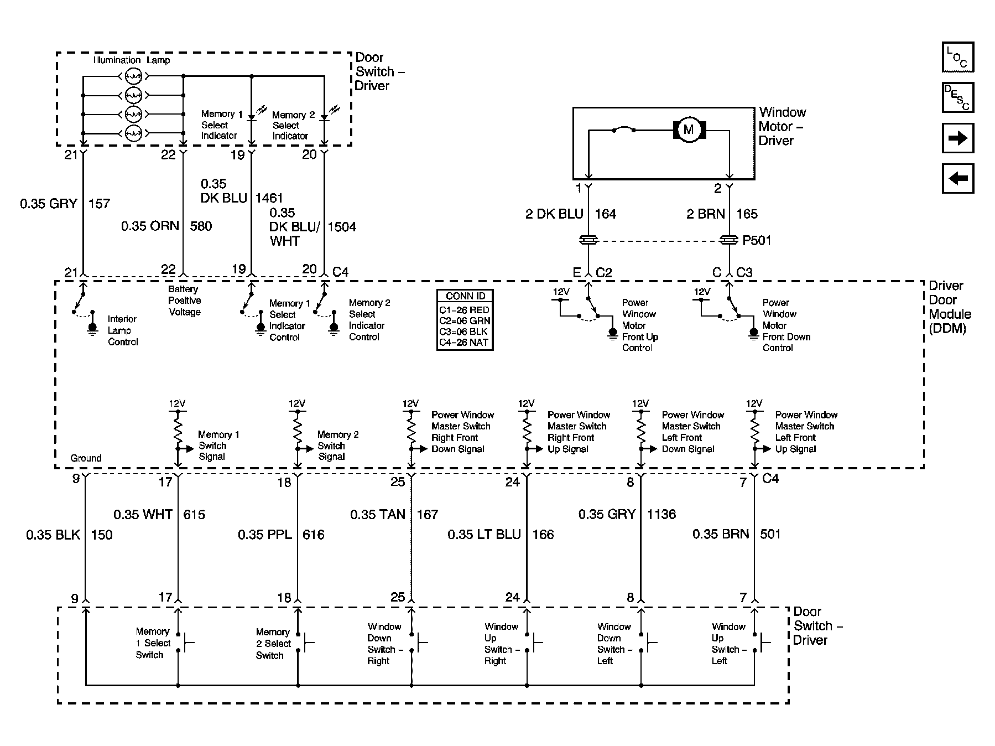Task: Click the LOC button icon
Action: pos(957,57)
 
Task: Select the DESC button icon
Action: pos(957,97)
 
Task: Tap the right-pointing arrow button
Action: pos(957,138)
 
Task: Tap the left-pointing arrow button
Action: pos(957,178)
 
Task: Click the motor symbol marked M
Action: pos(689,130)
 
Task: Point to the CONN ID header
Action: pos(465,296)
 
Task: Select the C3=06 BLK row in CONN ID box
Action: pos(463,331)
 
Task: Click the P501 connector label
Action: pos(757,241)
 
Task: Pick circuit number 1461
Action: pos(269,198)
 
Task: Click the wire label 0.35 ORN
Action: pos(150,226)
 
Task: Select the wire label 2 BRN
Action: pos(705,214)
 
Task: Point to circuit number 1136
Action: pos(661,515)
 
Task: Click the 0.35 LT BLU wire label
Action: pos(484,535)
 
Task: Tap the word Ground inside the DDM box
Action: pos(86,458)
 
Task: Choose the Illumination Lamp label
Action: pos(132,60)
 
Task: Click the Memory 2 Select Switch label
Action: pos(273,644)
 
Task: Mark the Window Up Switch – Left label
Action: pos(728,644)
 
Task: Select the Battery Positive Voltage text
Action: pos(184,301)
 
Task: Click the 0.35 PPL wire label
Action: pos(264,535)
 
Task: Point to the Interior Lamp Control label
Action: pos(122,330)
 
